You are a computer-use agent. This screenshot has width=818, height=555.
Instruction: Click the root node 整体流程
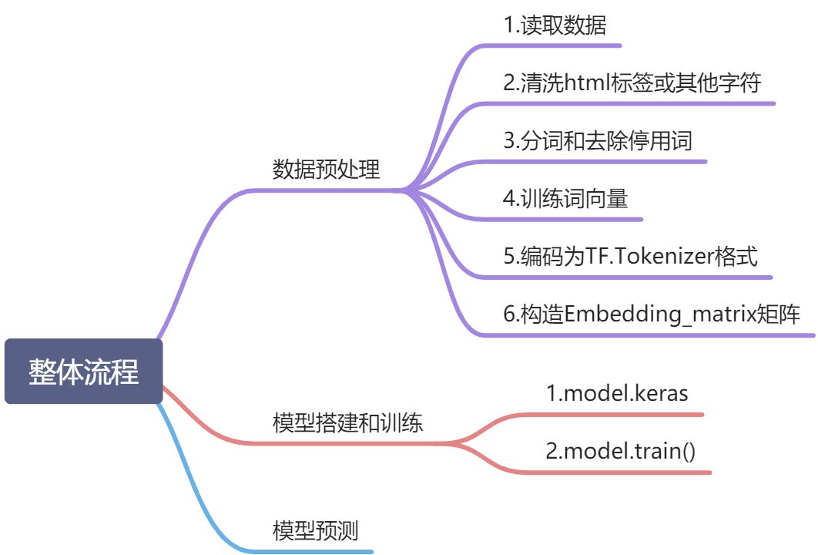coord(83,372)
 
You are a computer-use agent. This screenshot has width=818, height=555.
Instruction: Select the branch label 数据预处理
coord(327,170)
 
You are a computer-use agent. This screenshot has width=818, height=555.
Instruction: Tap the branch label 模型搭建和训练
coord(347,422)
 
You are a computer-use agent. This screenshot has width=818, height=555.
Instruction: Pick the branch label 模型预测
coord(316,530)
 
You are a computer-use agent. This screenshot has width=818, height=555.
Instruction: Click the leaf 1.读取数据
coord(555,25)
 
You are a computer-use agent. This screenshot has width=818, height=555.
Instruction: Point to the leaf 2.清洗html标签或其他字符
coord(632,82)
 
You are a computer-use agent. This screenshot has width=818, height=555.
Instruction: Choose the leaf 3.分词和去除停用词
coord(598,140)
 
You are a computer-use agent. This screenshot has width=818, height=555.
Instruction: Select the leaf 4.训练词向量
coord(565,199)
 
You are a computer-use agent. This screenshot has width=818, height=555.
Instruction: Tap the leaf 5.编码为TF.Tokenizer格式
coord(630,256)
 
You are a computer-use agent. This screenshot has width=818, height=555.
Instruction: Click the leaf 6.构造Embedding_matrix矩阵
coord(652,314)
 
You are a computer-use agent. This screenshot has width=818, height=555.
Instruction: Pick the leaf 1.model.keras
coord(617,393)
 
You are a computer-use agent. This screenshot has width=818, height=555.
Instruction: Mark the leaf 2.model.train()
coord(620,451)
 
